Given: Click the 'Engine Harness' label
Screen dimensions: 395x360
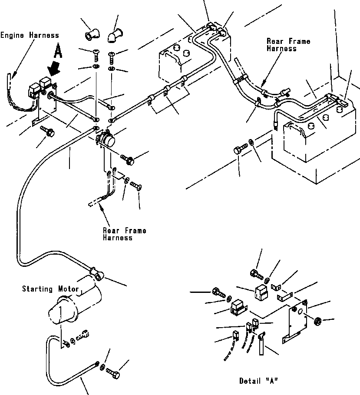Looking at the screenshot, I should (30, 35).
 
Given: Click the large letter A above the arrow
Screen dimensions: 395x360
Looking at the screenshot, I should (58, 52).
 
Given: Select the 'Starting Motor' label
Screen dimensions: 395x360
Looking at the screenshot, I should (50, 289).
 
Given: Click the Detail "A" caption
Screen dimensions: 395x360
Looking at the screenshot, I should (258, 381).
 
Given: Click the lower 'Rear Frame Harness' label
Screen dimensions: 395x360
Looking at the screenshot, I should (124, 234).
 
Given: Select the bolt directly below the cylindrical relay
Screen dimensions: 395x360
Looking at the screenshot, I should (127, 159).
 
